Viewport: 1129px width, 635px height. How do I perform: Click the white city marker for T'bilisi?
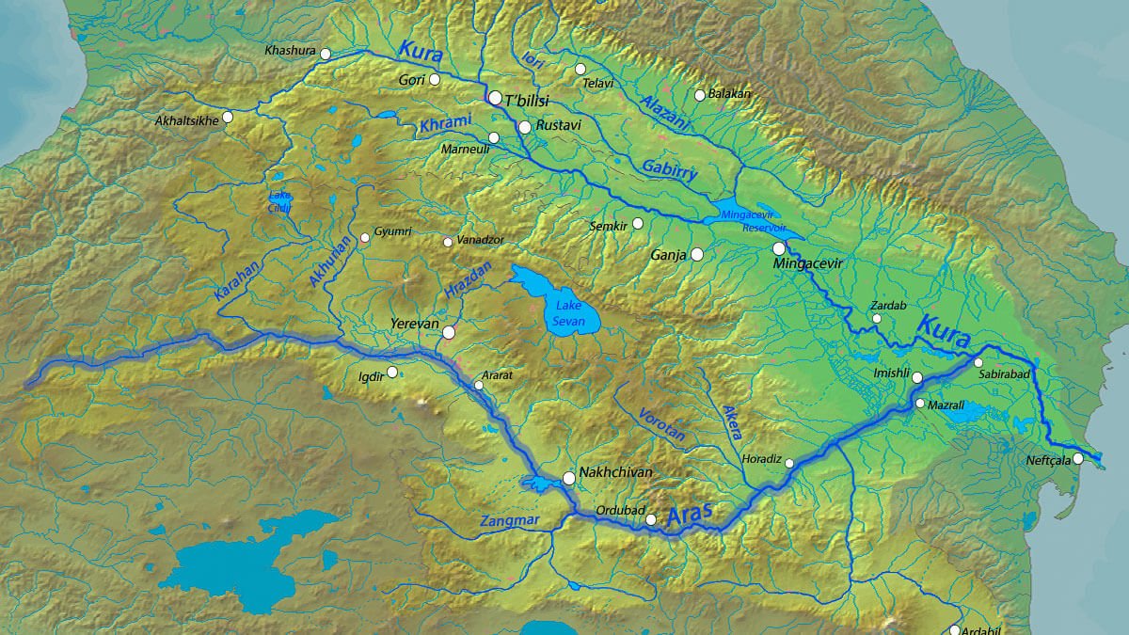(x=495, y=97)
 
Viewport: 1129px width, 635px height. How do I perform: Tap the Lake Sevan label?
(x=570, y=314)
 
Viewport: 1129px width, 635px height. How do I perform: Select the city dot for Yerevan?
(x=449, y=332)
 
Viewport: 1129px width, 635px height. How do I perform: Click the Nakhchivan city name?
(x=616, y=472)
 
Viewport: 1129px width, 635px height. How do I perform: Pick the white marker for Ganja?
(x=697, y=254)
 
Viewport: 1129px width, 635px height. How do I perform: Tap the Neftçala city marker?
(x=1078, y=459)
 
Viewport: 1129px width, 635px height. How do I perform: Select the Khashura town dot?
(x=326, y=54)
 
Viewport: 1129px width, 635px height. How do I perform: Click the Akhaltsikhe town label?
(x=186, y=120)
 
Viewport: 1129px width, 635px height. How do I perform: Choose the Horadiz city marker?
(x=789, y=463)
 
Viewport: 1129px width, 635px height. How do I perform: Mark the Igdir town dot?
(x=392, y=372)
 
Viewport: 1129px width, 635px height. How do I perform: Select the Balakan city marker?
(x=700, y=95)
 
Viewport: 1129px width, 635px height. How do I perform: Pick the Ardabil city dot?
(x=955, y=630)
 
